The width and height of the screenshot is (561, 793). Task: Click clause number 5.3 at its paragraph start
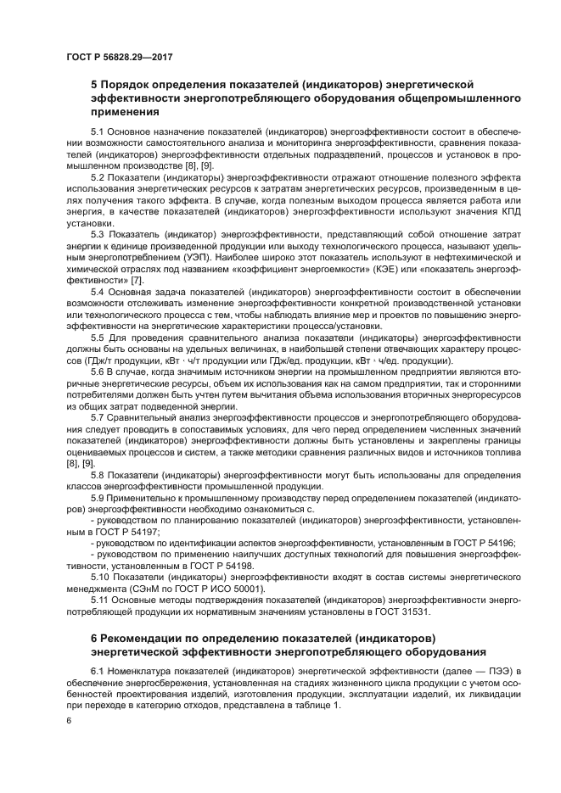click(x=98, y=233)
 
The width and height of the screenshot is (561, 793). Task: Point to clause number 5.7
click(x=98, y=417)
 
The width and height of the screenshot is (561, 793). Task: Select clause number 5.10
click(x=101, y=576)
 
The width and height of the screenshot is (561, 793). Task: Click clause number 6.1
click(x=98, y=671)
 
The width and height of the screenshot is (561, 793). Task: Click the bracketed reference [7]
click(x=136, y=277)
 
